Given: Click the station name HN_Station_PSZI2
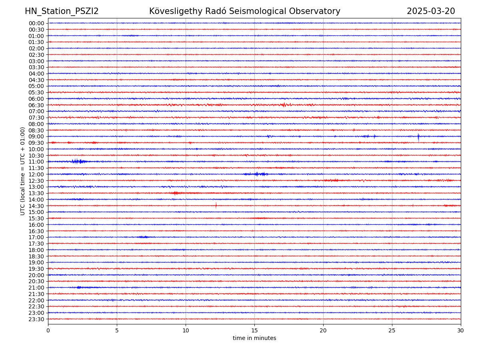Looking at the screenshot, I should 62,11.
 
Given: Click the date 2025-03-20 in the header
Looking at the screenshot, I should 431,11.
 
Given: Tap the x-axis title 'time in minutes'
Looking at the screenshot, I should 254,338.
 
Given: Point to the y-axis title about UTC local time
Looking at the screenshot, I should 23,171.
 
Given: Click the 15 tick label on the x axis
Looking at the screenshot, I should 254,330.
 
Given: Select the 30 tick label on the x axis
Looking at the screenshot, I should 460,330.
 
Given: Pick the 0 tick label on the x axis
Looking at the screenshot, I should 48,330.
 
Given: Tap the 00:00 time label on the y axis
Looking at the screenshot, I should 36,23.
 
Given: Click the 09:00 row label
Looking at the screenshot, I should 36,136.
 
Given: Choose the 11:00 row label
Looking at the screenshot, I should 36,162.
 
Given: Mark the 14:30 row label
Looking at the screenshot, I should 36,206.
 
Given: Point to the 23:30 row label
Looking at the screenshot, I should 36,319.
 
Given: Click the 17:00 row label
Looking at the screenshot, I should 36,237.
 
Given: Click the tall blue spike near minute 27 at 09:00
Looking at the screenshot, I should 418,136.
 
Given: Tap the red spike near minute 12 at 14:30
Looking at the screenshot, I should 216,205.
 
